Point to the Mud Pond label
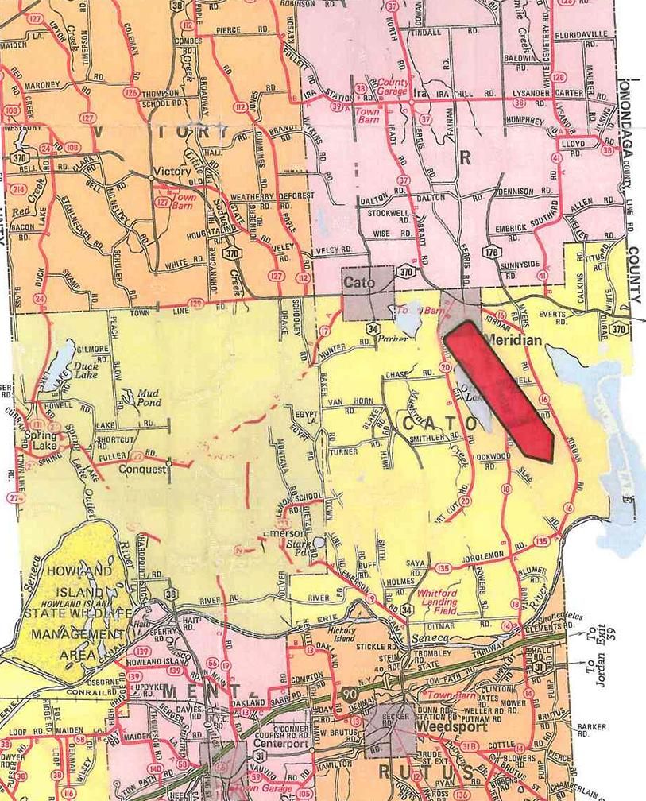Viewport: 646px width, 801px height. (149, 397)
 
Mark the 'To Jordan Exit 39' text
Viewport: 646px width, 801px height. (602, 653)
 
